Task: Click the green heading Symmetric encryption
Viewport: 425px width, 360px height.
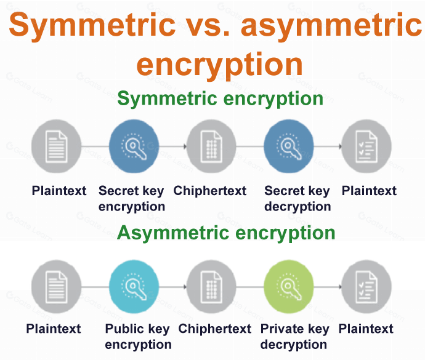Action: tap(220, 98)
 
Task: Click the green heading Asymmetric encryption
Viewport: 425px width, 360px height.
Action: tap(226, 233)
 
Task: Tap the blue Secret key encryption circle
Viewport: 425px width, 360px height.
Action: tap(134, 146)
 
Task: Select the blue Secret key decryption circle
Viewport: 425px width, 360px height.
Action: tap(289, 146)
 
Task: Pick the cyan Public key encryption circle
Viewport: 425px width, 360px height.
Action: tap(134, 286)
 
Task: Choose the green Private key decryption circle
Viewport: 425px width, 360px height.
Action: tap(289, 286)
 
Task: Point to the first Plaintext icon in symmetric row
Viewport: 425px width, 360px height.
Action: tap(57, 146)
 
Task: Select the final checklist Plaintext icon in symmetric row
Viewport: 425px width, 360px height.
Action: tap(366, 146)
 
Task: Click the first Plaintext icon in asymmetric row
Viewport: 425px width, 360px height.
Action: tap(57, 286)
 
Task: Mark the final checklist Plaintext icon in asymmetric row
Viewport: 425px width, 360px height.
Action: tap(366, 286)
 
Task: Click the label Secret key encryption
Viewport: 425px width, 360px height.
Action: tap(132, 198)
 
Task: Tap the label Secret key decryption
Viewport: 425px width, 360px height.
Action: tap(297, 198)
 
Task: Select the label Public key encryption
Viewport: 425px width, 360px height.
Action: tap(138, 336)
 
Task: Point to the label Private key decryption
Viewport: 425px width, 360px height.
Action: tap(294, 336)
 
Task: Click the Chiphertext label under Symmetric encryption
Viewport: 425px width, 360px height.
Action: tap(210, 191)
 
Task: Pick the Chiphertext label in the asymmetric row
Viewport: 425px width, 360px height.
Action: tap(215, 329)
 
